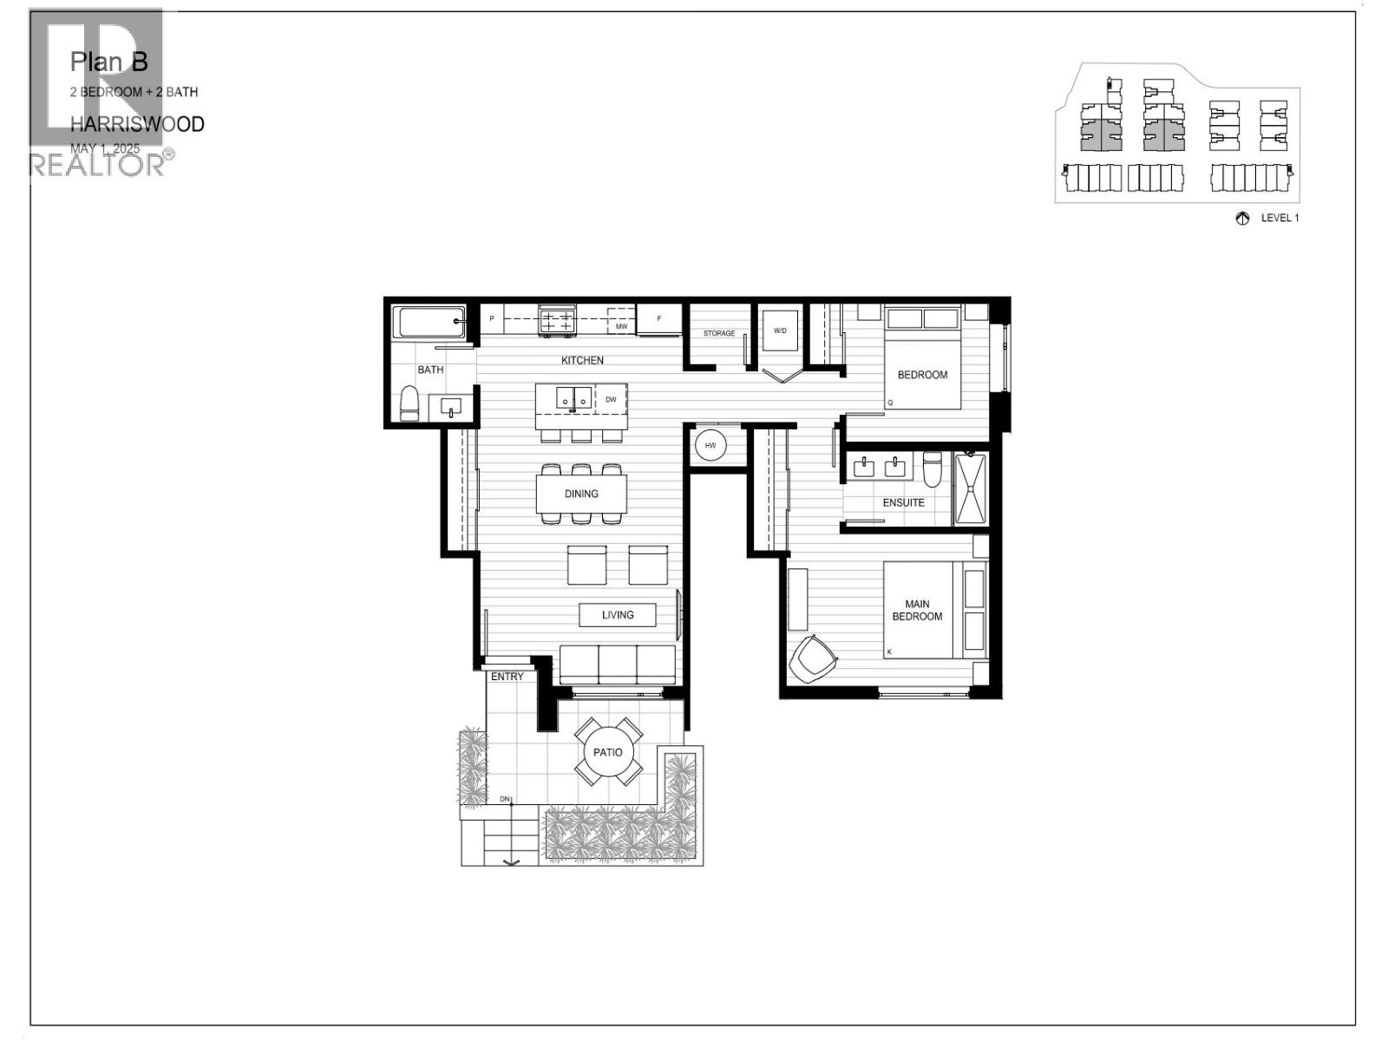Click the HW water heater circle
pyautogui.click(x=710, y=445)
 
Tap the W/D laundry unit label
pyautogui.click(x=780, y=331)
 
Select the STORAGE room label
pyautogui.click(x=719, y=333)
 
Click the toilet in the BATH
pyautogui.click(x=409, y=403)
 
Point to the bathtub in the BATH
pyautogui.click(x=429, y=323)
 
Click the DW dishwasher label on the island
pyautogui.click(x=611, y=399)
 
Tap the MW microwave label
pyautogui.click(x=621, y=327)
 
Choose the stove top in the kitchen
pyautogui.click(x=556, y=320)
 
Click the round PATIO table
pyautogui.click(x=607, y=752)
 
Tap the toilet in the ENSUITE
pyautogui.click(x=933, y=469)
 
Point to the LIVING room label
pyautogui.click(x=618, y=614)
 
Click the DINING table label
pyautogui.click(x=581, y=494)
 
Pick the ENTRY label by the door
pyautogui.click(x=507, y=677)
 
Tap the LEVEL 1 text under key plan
pyautogui.click(x=1280, y=219)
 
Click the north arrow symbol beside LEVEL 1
pyautogui.click(x=1241, y=219)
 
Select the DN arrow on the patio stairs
pyautogui.click(x=511, y=861)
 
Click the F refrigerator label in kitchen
pyautogui.click(x=659, y=318)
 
